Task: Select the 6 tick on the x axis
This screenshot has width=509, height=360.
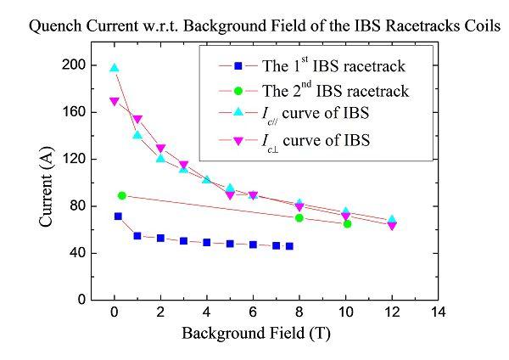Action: [253, 312]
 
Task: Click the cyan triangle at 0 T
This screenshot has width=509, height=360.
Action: [115, 68]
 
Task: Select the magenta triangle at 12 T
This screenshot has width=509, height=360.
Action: [392, 226]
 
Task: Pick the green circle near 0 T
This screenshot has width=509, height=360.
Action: [122, 195]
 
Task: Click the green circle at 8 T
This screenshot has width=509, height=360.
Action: [299, 217]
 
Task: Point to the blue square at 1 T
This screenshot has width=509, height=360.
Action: [137, 235]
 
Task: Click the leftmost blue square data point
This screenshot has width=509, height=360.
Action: [118, 217]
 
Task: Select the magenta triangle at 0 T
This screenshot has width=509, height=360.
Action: [115, 102]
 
